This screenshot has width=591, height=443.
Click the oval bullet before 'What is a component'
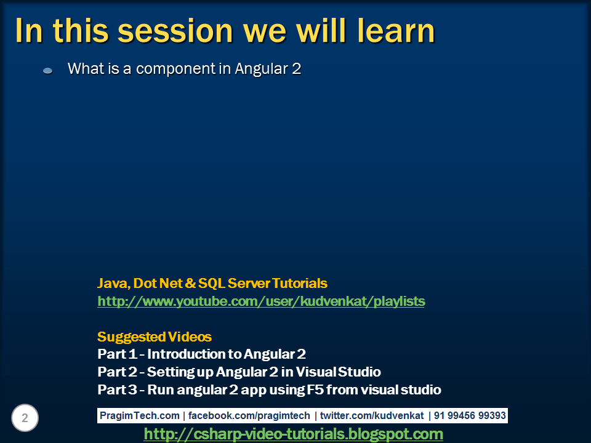(48, 71)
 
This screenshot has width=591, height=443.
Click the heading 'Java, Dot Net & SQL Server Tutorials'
(212, 284)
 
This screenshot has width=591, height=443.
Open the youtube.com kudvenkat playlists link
(261, 301)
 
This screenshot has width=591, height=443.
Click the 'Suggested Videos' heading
(155, 337)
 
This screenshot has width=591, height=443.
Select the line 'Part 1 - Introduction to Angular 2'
(201, 354)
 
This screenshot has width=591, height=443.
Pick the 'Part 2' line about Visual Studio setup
(239, 372)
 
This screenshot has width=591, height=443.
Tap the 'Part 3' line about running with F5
(269, 390)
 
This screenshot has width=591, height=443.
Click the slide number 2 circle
(25, 418)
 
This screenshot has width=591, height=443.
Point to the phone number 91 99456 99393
(470, 416)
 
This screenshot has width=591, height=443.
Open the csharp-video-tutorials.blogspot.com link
(293, 434)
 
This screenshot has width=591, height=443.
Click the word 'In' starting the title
(28, 31)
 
